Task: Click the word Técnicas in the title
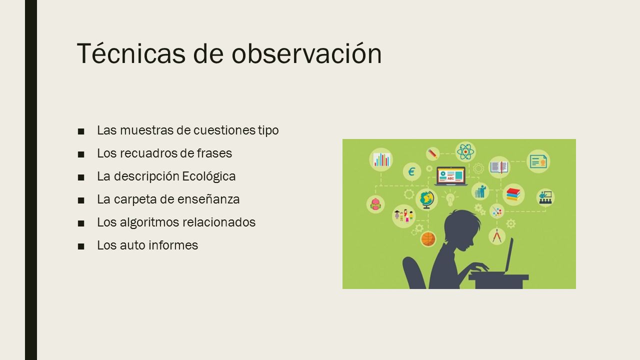(x=131, y=53)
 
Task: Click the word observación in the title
(x=306, y=53)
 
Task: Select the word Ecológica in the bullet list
(x=209, y=176)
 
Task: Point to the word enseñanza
(x=208, y=199)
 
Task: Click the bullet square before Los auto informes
(x=81, y=246)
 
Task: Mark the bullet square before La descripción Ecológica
(x=81, y=177)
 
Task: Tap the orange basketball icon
(x=428, y=239)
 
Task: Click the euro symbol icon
(x=411, y=171)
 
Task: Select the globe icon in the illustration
(x=426, y=199)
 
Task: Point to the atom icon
(x=465, y=151)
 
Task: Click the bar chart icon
(x=381, y=159)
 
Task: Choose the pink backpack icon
(x=375, y=204)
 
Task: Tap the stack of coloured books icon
(x=513, y=194)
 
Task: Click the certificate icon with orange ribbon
(x=538, y=161)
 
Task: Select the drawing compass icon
(x=497, y=236)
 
